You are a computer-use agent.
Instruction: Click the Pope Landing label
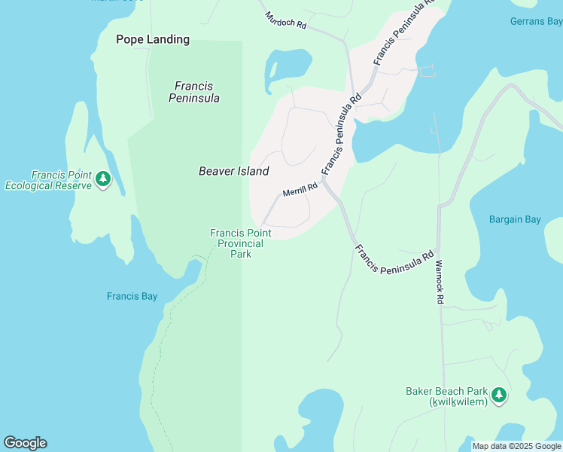pyautogui.click(x=153, y=39)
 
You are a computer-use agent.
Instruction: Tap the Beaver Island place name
pyautogui.click(x=233, y=171)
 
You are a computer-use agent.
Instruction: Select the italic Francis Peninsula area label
pyautogui.click(x=194, y=92)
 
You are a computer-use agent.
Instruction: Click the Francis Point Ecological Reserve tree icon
pyautogui.click(x=103, y=179)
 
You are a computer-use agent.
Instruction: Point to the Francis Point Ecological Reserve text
pyautogui.click(x=48, y=180)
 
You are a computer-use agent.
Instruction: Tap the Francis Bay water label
pyautogui.click(x=132, y=296)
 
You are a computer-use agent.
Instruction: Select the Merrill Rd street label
pyautogui.click(x=300, y=191)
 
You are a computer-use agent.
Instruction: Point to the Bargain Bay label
pyautogui.click(x=515, y=220)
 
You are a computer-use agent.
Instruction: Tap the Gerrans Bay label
pyautogui.click(x=536, y=21)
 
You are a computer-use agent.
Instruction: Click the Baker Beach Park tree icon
pyautogui.click(x=498, y=394)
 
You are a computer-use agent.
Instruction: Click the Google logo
pyautogui.click(x=25, y=443)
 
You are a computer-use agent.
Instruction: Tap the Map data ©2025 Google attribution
pyautogui.click(x=517, y=446)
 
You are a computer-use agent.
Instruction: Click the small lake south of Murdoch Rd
pyautogui.click(x=288, y=66)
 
